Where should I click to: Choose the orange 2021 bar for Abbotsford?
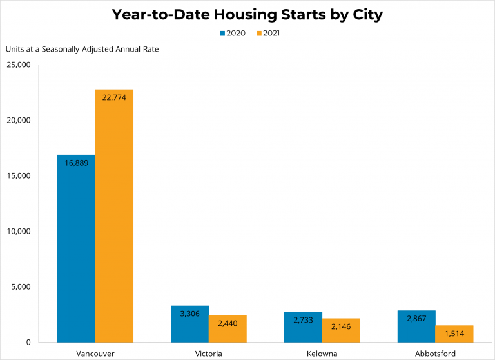tap(454, 334)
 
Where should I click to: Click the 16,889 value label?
tap(76, 163)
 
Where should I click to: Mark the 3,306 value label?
tap(189, 314)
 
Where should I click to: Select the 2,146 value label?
tap(341, 326)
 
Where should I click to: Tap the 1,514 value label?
tap(454, 334)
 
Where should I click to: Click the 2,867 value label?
tap(416, 318)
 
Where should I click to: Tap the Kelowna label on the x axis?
tap(322, 354)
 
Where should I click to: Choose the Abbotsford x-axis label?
tap(435, 354)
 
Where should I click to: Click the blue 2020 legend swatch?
tap(222, 32)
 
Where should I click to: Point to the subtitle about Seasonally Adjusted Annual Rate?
tap(82, 49)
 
